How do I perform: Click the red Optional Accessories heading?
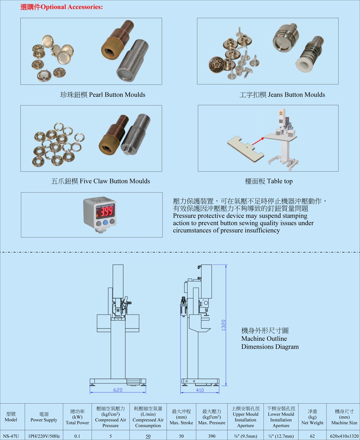tap(61, 7)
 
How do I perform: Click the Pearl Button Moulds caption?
tap(103, 94)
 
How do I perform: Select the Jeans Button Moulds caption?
tap(282, 94)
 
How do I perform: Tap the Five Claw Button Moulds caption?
tap(100, 181)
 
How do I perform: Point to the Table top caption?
tap(269, 181)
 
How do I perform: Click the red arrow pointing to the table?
tap(258, 141)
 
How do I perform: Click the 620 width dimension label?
tap(118, 390)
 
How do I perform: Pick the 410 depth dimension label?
tap(200, 390)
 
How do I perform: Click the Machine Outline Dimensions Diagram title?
tap(270, 339)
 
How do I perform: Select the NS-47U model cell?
tap(11, 436)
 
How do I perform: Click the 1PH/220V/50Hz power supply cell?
tap(44, 436)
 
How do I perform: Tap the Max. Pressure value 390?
tap(212, 436)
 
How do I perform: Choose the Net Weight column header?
tap(312, 417)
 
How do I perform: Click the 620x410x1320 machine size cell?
tap(344, 436)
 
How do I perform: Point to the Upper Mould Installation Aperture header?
tap(245, 417)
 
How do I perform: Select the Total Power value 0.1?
tap(77, 436)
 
